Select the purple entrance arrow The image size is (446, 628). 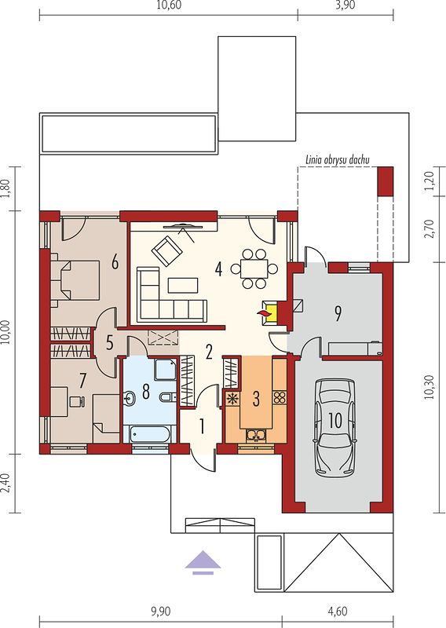coord(203,563)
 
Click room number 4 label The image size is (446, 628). coord(218,269)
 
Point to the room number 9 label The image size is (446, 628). coord(338,314)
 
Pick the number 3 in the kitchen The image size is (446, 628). coord(256,399)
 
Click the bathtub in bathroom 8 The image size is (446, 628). coord(150,434)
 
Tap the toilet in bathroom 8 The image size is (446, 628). coord(167,397)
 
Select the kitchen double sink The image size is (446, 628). coord(256,435)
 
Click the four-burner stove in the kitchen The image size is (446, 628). coord(280,397)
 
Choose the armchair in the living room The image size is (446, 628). coord(166,250)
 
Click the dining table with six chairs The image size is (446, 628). coord(254,268)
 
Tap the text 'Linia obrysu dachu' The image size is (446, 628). coord(338,160)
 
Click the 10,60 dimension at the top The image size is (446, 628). coord(169,5)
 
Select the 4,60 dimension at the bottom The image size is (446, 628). coord(338,612)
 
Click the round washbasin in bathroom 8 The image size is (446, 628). coord(130,398)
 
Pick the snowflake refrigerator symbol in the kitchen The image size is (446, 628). coord(232,399)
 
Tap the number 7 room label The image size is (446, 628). coord(82,381)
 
